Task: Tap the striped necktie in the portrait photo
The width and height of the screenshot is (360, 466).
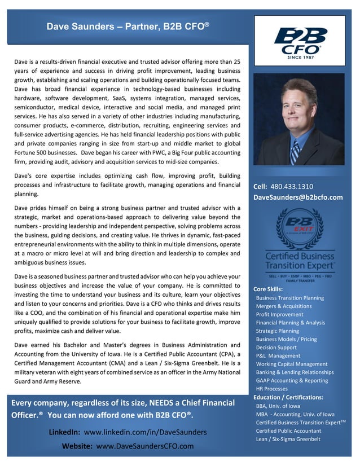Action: tap(295, 151)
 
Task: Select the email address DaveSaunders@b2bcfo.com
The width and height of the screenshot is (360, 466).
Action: tap(298, 197)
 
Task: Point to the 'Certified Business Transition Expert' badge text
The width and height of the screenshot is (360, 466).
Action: tap(300, 261)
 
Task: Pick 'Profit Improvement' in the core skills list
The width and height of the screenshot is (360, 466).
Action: tap(279, 314)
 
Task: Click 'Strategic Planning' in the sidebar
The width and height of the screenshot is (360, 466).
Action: tap(277, 331)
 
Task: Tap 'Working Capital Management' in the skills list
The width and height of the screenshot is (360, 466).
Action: tap(291, 364)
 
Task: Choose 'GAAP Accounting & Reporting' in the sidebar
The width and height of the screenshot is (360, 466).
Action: tap(292, 381)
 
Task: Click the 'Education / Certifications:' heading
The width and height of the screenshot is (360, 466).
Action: tap(288, 397)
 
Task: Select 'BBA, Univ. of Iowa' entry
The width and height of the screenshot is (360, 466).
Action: tap(278, 406)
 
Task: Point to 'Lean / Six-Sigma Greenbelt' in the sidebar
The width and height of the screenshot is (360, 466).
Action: tap(288, 439)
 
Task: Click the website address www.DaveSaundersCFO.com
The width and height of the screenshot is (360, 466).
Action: tap(145, 446)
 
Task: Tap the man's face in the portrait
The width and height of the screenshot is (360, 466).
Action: tap(292, 107)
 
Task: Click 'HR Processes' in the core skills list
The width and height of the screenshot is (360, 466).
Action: tap(271, 389)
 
